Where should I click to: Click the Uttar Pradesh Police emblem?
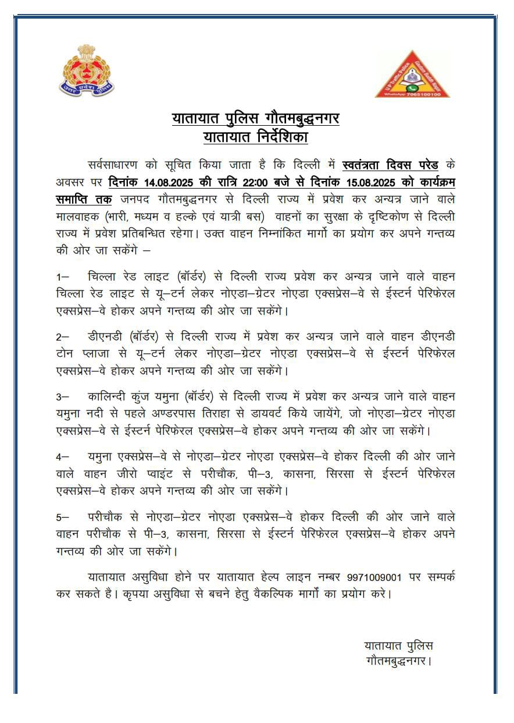88,70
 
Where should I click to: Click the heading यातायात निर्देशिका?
255,137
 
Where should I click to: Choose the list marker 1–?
62,275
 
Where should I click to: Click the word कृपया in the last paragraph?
157,595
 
